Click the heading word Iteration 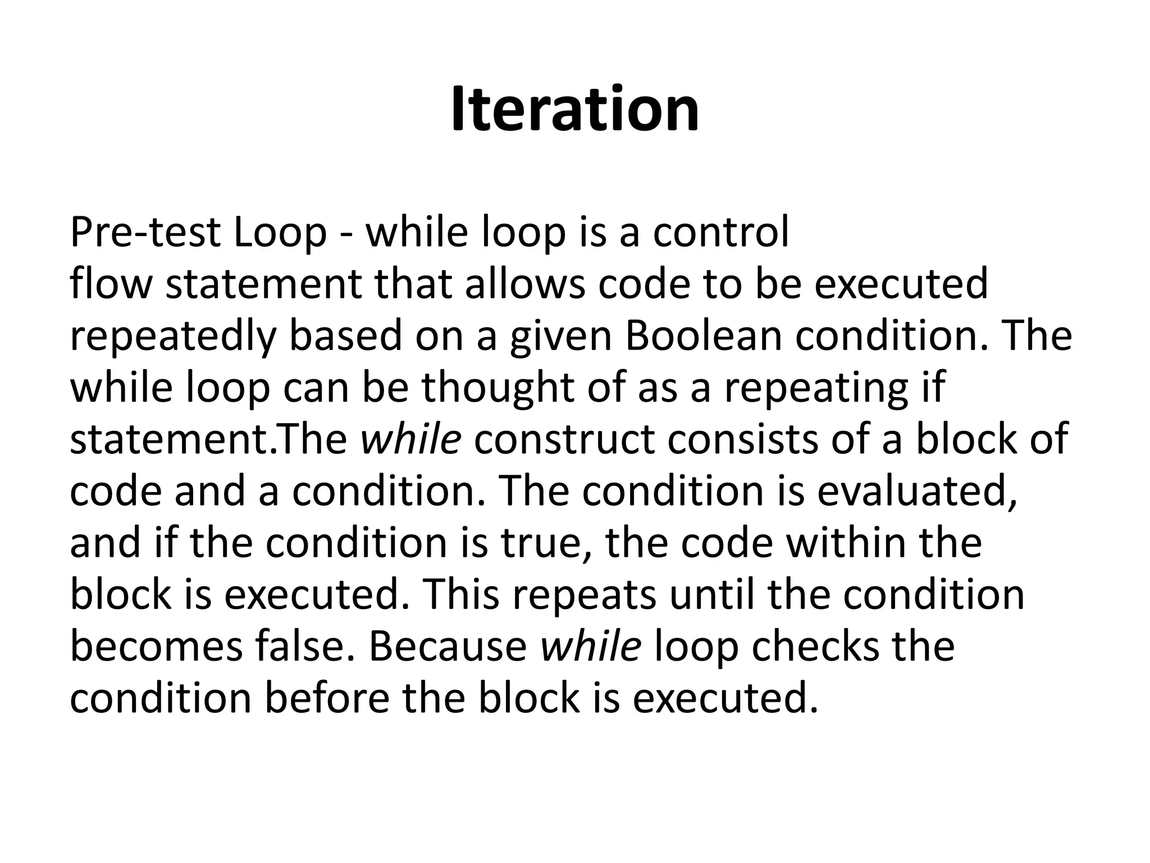(575, 110)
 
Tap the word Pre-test (144, 233)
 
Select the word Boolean (703, 336)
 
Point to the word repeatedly (173, 337)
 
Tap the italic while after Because (591, 647)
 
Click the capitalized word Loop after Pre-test (280, 233)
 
